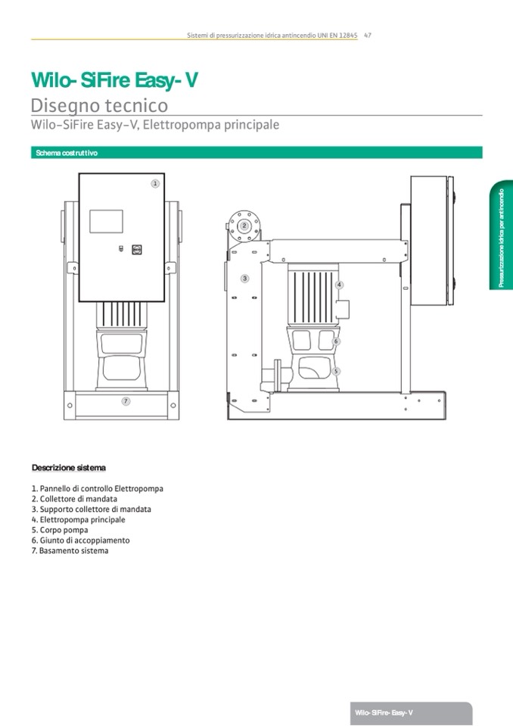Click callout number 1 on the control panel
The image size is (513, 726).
[155, 183]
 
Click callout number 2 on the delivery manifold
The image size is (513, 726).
[244, 226]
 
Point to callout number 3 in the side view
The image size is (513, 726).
[244, 279]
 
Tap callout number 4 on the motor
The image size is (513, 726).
[339, 285]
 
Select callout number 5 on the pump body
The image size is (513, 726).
[336, 371]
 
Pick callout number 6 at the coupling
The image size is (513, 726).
[336, 341]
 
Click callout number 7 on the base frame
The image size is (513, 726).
[126, 400]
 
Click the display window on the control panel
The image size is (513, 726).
[106, 221]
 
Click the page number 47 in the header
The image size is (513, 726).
[367, 35]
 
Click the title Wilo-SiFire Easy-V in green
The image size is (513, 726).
[114, 80]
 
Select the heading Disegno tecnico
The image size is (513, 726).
[99, 105]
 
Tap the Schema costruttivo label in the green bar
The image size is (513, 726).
[67, 153]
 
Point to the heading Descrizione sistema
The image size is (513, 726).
[69, 467]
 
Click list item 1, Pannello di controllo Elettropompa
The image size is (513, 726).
[98, 489]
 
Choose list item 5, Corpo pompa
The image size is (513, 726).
[60, 531]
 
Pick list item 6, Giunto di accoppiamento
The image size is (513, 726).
[81, 541]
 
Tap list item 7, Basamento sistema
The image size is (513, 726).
[70, 551]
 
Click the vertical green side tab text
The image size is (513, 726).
[501, 238]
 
